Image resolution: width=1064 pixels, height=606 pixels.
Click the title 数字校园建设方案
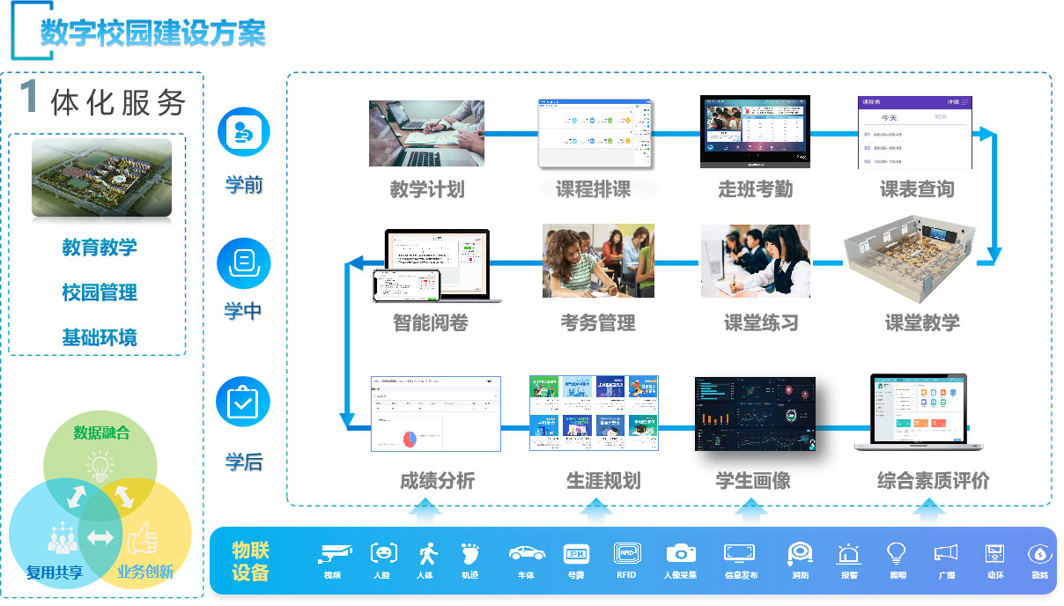[x=152, y=32]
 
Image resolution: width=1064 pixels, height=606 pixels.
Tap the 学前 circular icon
[x=243, y=132]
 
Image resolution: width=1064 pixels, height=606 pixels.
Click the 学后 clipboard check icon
[x=243, y=402]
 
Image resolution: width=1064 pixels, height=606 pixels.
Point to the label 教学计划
[x=427, y=189]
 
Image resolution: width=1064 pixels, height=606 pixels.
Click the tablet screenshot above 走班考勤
[x=755, y=131]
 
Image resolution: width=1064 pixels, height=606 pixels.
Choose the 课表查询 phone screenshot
[x=916, y=132]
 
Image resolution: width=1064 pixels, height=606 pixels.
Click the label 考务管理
[x=598, y=323]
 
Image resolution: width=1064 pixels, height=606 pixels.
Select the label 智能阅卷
[x=430, y=323]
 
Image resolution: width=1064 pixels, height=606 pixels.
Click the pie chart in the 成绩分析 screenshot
[x=410, y=438]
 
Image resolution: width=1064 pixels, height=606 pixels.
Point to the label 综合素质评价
[x=933, y=481]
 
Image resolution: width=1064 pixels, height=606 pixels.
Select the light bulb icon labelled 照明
[x=897, y=552]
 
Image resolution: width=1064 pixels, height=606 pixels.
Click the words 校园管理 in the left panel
[x=100, y=292]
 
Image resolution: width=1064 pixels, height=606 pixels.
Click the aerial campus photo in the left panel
[x=101, y=177]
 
